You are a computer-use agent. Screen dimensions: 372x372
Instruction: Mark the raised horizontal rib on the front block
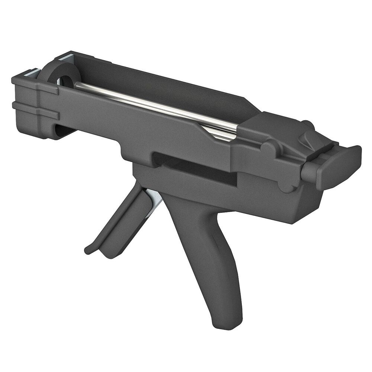pyautogui.click(x=33, y=106)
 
